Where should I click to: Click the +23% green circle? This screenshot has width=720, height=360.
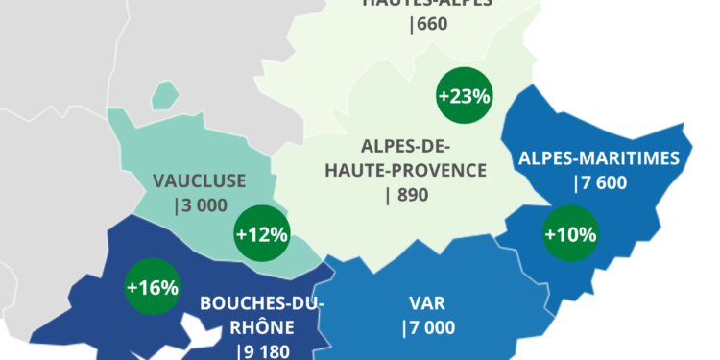(x=465, y=96)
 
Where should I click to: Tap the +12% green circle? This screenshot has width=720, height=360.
(x=261, y=232)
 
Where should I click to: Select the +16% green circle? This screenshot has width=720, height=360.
(x=153, y=286)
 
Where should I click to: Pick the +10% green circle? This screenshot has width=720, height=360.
(x=570, y=233)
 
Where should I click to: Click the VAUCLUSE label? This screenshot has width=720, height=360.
(x=200, y=180)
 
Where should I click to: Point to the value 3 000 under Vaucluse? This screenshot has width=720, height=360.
(x=202, y=204)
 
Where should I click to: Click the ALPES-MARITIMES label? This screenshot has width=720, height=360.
(x=599, y=158)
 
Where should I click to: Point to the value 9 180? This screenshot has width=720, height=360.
(x=262, y=350)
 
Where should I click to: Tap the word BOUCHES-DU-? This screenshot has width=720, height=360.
(x=262, y=304)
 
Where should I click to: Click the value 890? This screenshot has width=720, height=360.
(x=406, y=194)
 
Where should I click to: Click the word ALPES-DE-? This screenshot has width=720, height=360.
(x=406, y=147)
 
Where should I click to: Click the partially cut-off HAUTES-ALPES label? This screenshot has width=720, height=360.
(x=427, y=4)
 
